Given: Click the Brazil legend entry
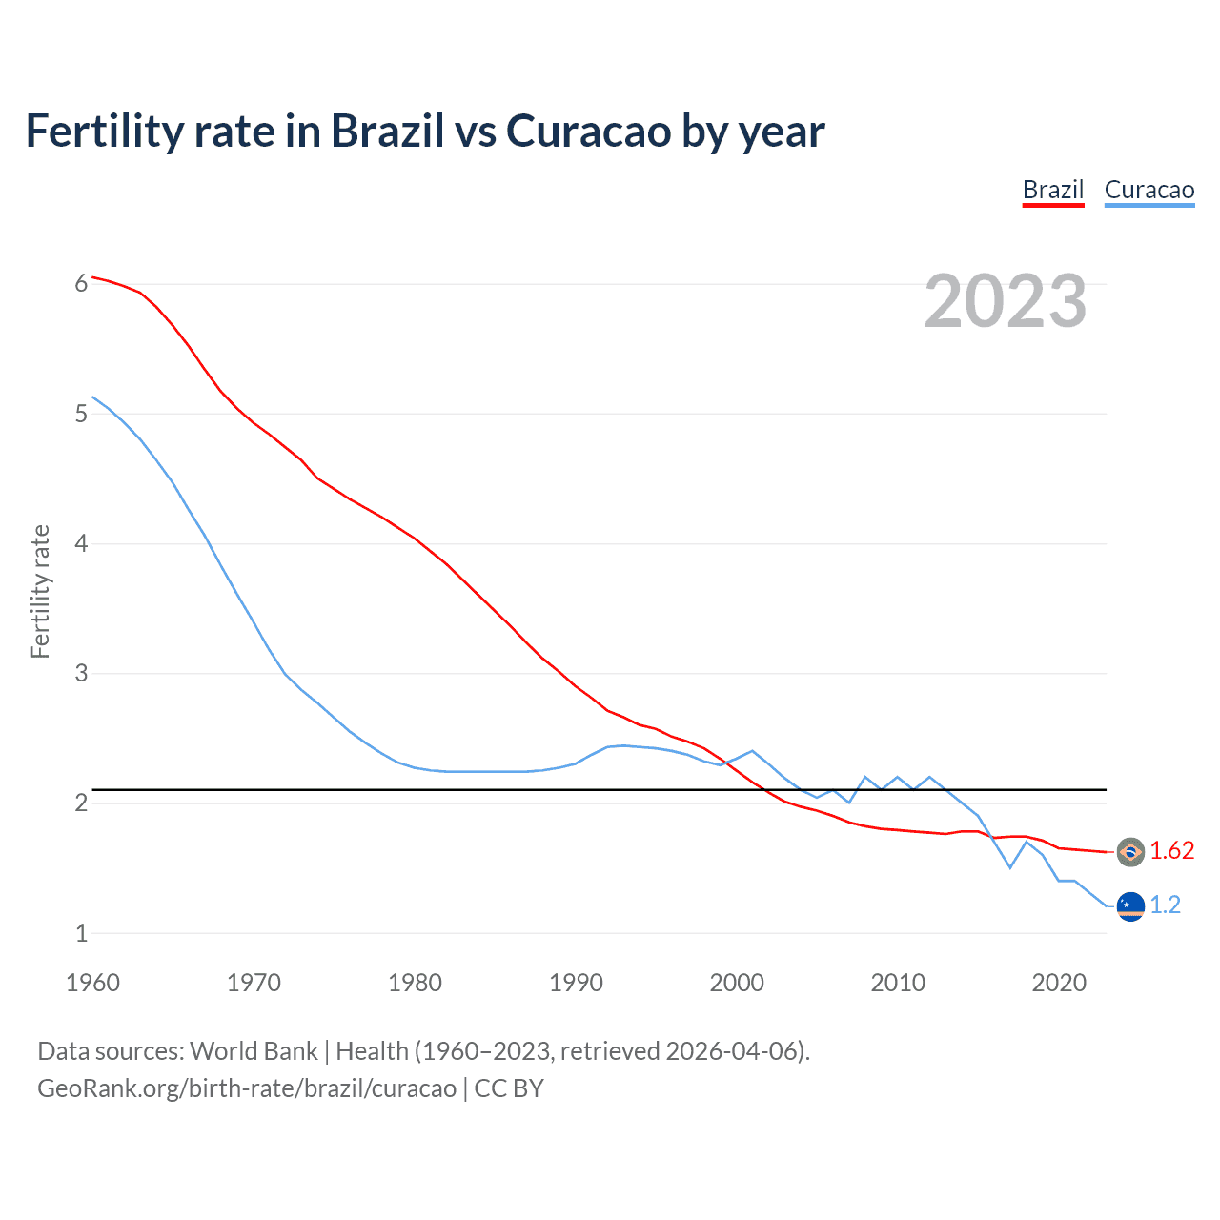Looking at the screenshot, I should click(x=1053, y=190).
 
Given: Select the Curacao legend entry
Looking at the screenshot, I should click(x=1149, y=190).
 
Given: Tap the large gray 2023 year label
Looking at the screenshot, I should click(x=1006, y=301).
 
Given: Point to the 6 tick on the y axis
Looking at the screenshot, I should click(x=82, y=283).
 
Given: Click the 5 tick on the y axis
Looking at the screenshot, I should click(x=82, y=414).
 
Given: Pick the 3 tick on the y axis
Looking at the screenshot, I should click(x=82, y=673).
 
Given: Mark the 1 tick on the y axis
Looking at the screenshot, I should click(x=82, y=933).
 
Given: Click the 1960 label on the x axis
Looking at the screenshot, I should click(x=92, y=983).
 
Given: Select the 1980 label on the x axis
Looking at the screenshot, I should click(x=415, y=983).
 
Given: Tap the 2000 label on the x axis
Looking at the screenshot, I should click(x=737, y=983).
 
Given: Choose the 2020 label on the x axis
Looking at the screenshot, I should click(x=1059, y=983).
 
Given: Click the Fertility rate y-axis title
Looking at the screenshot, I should click(x=40, y=591).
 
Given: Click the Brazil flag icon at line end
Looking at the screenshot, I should click(x=1130, y=852).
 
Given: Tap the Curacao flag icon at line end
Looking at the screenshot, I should click(x=1130, y=906).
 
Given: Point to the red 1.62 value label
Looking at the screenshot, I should click(x=1171, y=851).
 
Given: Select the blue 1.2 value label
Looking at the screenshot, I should click(x=1165, y=905).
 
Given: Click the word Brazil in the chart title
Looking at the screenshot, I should click(x=387, y=132).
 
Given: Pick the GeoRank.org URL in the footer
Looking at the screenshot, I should click(x=247, y=1088).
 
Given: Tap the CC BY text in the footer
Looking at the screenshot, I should click(x=509, y=1088).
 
